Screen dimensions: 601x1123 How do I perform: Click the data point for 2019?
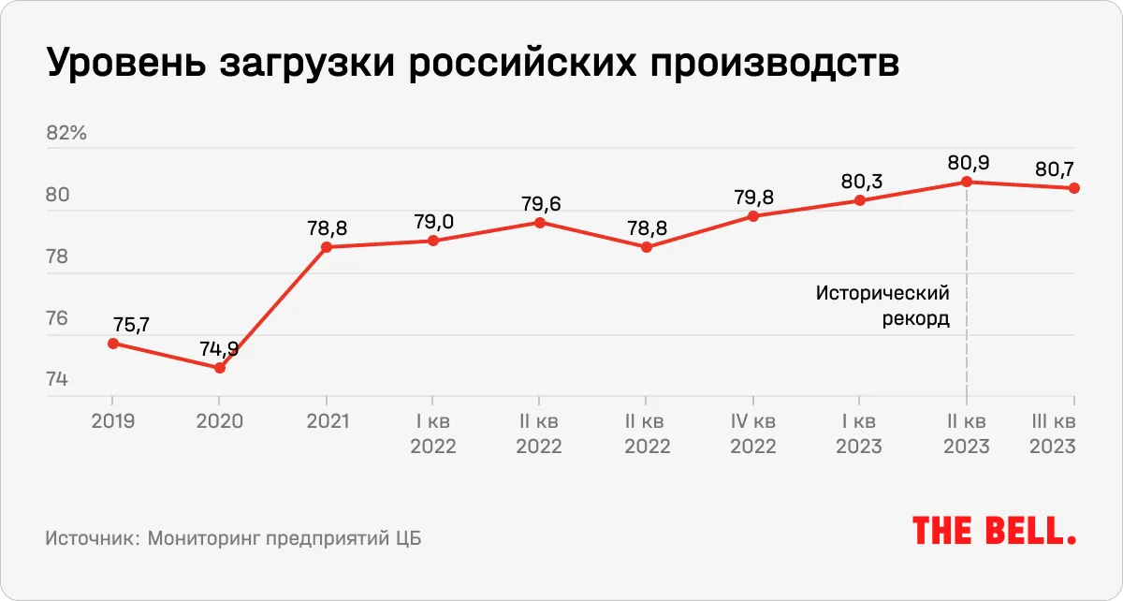click(113, 344)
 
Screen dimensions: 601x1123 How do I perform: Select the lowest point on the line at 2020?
click(220, 368)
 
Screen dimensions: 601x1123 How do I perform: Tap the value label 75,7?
click(131, 325)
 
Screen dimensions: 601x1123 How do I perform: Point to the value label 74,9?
click(219, 349)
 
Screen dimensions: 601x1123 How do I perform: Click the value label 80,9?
click(967, 163)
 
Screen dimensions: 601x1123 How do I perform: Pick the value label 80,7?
click(1055, 170)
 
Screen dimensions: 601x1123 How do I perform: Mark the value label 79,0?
click(433, 222)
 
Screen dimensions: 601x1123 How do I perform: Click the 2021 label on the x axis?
click(327, 421)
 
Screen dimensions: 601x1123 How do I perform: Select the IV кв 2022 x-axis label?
click(753, 433)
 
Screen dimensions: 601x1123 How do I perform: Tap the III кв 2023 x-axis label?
click(1052, 433)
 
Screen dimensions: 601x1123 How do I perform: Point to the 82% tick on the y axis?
click(66, 133)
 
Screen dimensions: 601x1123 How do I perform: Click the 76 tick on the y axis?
click(57, 319)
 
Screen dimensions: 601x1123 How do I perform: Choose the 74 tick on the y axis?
click(57, 380)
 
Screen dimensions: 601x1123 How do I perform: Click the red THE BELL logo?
click(995, 531)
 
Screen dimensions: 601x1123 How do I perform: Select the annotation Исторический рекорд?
click(882, 305)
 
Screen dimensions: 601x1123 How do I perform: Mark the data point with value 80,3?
click(860, 200)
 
